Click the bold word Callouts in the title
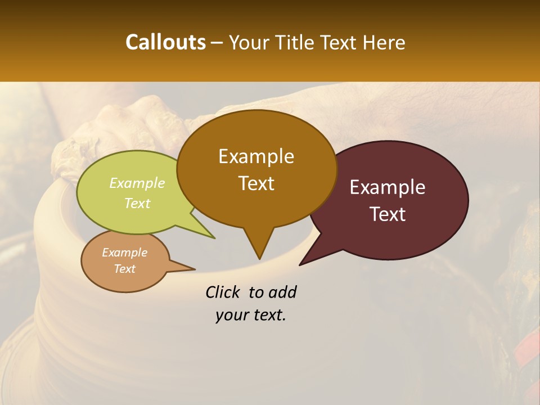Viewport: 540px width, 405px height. tap(165, 42)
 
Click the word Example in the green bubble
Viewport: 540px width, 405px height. tap(137, 183)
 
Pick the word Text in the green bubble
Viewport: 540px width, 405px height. tap(137, 203)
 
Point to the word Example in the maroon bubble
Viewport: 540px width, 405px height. tap(388, 187)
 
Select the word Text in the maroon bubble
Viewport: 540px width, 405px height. tap(388, 214)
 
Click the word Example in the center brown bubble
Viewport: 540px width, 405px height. tap(256, 156)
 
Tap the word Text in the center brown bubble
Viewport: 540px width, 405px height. tap(256, 183)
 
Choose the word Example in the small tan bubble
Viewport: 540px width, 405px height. tap(124, 253)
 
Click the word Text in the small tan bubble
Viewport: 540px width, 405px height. tap(124, 269)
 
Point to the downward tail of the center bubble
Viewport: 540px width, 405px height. tap(259, 250)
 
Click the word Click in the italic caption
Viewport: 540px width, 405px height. tap(224, 292)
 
